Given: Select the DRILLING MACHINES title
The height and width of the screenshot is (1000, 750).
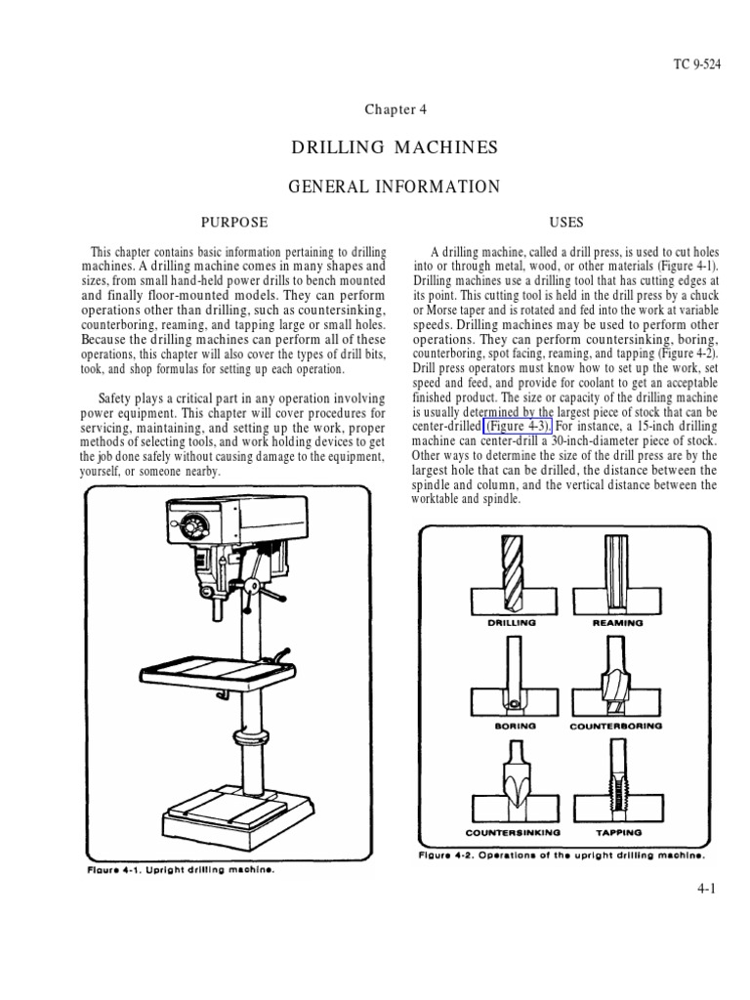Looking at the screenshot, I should coord(395,147).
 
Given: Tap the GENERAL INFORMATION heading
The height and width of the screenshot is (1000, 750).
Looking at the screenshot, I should coord(395,186).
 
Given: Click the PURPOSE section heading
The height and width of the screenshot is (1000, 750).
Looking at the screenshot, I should coord(233,223).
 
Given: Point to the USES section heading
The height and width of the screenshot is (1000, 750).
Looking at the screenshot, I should coord(565,223).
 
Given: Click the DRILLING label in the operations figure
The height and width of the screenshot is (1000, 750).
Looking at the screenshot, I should coord(512,621).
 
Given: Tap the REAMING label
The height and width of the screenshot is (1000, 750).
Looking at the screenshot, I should coord(618,621).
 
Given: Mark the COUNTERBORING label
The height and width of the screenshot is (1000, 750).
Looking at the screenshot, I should coord(616,727).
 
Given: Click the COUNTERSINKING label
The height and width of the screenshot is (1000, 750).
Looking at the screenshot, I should coord(512,833).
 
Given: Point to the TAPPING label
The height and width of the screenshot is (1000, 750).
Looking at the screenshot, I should coord(618,833).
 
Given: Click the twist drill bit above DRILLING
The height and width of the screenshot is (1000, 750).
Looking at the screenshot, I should coord(513,571).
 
